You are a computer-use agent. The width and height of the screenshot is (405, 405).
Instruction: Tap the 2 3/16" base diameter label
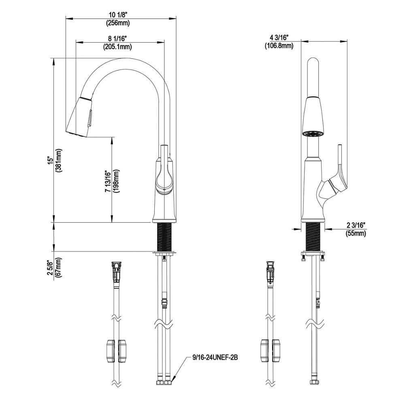click(x=356, y=226)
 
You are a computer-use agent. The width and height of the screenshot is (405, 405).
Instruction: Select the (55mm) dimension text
click(x=356, y=233)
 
